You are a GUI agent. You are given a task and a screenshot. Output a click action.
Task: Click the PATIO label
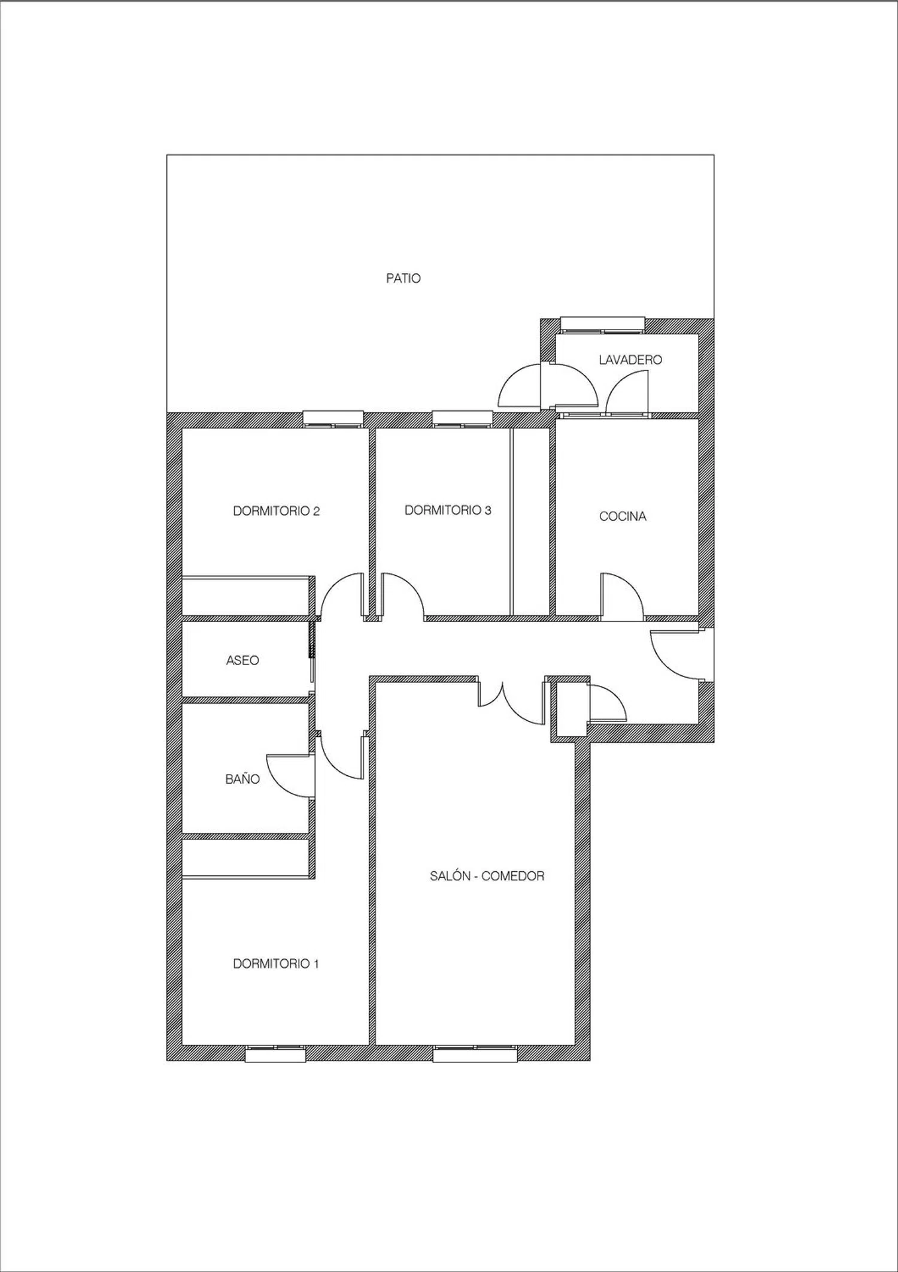pyautogui.click(x=404, y=279)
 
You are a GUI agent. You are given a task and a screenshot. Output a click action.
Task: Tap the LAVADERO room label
pyautogui.click(x=630, y=360)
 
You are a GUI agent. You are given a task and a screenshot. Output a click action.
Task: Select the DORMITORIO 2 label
pyautogui.click(x=276, y=511)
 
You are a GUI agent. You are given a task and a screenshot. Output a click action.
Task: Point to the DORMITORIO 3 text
pyautogui.click(x=448, y=510)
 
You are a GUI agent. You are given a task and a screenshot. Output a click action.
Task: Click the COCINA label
pyautogui.click(x=623, y=516)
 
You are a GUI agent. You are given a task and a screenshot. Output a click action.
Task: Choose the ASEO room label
pyautogui.click(x=242, y=661)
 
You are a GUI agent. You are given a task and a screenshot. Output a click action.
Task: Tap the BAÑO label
pyautogui.click(x=242, y=779)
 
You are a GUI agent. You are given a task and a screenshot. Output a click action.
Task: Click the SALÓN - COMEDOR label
pyautogui.click(x=487, y=876)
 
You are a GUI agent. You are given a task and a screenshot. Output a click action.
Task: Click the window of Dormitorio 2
pyautogui.click(x=333, y=419)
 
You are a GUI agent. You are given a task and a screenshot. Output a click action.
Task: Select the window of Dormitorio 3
pyautogui.click(x=462, y=419)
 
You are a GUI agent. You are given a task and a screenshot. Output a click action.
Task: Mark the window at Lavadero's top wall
pyautogui.click(x=603, y=325)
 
